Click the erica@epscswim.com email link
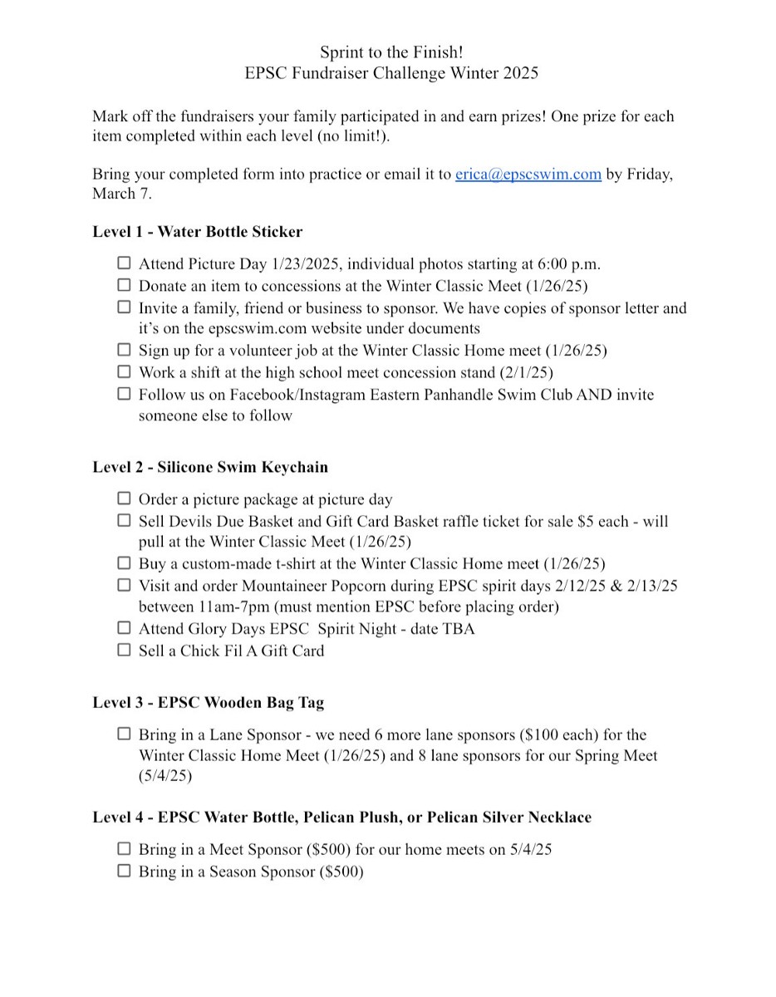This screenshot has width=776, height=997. [528, 174]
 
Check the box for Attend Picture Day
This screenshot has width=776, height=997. [124, 263]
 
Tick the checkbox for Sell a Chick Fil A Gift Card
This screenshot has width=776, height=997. [124, 650]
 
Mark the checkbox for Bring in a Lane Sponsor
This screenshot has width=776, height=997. [124, 734]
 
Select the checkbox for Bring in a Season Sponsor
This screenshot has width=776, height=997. [124, 871]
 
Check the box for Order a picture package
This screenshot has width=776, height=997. [124, 498]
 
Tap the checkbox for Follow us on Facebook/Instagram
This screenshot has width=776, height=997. [124, 393]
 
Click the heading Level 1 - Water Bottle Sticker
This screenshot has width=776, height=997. [197, 232]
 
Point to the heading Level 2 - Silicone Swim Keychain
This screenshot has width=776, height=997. [209, 467]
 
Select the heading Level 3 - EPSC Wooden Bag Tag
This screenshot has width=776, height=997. [208, 702]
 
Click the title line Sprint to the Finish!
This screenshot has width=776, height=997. [391, 52]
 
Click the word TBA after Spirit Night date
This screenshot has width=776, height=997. [459, 629]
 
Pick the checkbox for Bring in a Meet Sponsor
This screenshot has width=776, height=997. [124, 848]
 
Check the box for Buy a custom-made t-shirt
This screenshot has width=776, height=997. [124, 562]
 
